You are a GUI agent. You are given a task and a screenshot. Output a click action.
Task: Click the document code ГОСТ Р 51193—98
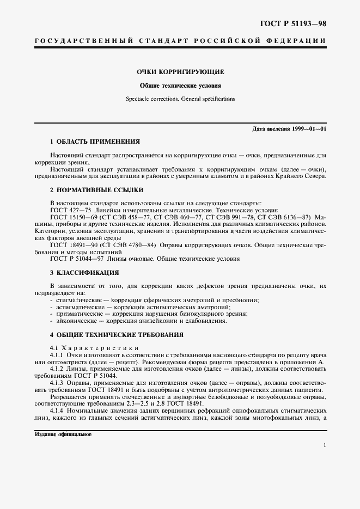click(x=296, y=23)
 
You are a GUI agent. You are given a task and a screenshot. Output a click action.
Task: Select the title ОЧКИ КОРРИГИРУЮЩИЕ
click(x=180, y=72)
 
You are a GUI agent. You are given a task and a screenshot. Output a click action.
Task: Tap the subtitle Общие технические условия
click(x=180, y=85)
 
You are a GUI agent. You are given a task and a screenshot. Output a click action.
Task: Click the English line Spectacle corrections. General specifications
click(x=180, y=99)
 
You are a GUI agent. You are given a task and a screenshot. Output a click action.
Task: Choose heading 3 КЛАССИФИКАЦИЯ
click(x=84, y=272)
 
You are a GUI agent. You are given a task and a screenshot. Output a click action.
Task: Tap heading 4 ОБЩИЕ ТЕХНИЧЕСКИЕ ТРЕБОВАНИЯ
click(x=117, y=334)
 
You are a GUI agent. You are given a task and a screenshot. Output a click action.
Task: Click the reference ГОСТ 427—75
click(x=71, y=210)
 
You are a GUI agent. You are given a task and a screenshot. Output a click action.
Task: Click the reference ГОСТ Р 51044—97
click(x=76, y=259)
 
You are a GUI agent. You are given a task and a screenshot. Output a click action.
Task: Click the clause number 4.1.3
click(x=58, y=383)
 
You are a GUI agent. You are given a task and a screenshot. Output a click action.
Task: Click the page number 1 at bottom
click(x=325, y=445)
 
